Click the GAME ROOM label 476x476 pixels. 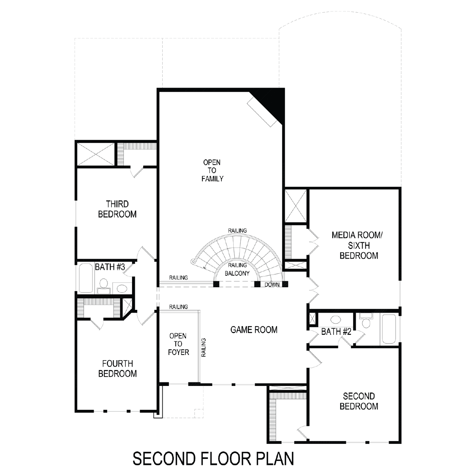click(x=254, y=330)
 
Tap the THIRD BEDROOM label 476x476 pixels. click(x=117, y=209)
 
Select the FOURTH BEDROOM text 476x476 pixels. click(x=117, y=369)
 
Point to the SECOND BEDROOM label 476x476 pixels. click(x=359, y=401)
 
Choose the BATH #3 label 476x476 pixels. click(x=110, y=267)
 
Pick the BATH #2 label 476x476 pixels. click(x=336, y=332)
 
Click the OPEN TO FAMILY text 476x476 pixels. click(x=212, y=171)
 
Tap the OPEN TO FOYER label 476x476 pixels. click(x=178, y=344)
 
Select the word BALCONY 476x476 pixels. click(x=237, y=273)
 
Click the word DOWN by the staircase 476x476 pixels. click(x=272, y=285)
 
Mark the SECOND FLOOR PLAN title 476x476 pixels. click(x=213, y=459)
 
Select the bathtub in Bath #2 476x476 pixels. click(x=389, y=328)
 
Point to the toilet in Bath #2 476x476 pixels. click(x=366, y=320)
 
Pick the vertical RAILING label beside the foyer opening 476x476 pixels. click(x=203, y=347)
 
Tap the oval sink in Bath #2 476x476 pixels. click(x=336, y=320)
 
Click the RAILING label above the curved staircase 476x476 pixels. click(x=237, y=230)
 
